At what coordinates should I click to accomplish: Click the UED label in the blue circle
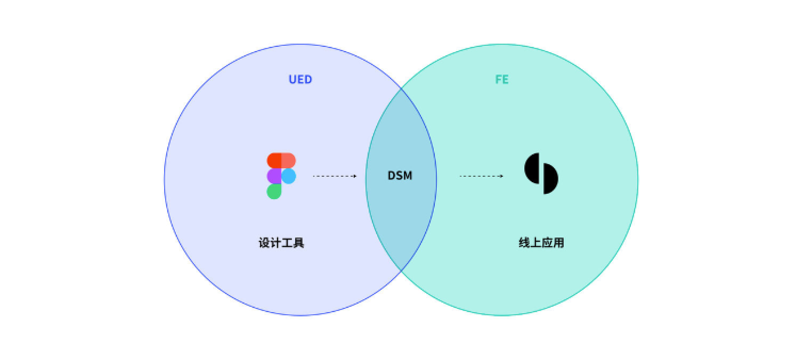[x=300, y=79]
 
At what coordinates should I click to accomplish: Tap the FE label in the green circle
[x=502, y=79]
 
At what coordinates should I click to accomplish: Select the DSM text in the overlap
[x=400, y=175]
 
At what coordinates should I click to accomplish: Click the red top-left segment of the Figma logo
[x=274, y=160]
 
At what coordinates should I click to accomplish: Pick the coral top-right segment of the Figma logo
[x=289, y=160]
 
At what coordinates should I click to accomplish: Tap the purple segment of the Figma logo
[x=274, y=176]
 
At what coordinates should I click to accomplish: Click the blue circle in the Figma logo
[x=289, y=176]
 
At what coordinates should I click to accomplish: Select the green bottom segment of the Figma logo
[x=274, y=191]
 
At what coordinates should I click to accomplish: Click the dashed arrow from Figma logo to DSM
[x=335, y=176]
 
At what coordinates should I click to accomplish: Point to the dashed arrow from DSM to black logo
[x=482, y=176]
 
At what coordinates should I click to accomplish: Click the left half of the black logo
[x=532, y=168]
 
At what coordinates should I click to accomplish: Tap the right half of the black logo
[x=551, y=178]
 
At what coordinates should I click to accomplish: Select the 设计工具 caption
[x=281, y=243]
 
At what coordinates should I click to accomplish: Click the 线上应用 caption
[x=541, y=243]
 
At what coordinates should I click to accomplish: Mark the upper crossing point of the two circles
[x=401, y=88]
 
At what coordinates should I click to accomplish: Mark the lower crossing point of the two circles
[x=401, y=271]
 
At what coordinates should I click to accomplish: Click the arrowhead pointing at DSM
[x=355, y=176]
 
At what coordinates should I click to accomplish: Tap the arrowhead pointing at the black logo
[x=502, y=176]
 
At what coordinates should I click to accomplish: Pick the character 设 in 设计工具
[x=264, y=243]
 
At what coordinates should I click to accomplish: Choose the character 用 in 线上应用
[x=558, y=243]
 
